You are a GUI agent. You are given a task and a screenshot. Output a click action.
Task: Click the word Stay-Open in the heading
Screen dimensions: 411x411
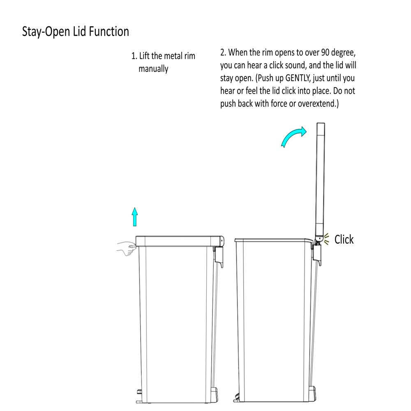coord(46,32)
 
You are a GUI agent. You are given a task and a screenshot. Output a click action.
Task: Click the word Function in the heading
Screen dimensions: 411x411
coord(109,31)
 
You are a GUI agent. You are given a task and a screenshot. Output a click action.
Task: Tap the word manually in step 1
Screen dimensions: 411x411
coord(153,69)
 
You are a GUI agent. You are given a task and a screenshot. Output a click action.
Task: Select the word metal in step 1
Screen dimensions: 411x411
coord(173,56)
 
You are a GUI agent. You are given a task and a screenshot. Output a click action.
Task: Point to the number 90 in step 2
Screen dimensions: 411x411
coord(325,53)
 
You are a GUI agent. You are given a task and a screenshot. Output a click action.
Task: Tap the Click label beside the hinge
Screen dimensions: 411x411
coord(344,239)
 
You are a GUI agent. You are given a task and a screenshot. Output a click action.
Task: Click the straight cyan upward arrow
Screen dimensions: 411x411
coord(135,217)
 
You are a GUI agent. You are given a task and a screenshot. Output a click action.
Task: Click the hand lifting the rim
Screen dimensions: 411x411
coord(127,248)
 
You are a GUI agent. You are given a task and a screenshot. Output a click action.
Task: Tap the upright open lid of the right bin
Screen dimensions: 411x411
coord(320,181)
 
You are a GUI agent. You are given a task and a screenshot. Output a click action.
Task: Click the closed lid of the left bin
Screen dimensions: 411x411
coord(179,241)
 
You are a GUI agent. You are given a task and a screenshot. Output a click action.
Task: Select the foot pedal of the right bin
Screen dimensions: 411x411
coord(236,397)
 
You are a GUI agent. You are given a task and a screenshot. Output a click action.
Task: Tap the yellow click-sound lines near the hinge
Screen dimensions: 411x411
coord(326,239)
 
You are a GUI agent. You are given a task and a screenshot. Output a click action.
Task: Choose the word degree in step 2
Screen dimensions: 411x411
coord(343,53)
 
